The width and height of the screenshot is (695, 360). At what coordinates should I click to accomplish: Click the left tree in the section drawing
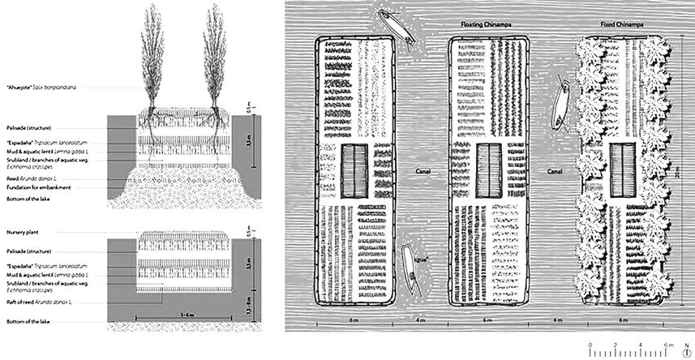(x=153, y=65)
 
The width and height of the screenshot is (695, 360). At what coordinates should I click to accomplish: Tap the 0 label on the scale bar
(x=591, y=345)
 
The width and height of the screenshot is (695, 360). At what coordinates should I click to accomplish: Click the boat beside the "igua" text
(x=410, y=264)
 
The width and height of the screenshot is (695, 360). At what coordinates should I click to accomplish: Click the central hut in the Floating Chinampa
(x=488, y=169)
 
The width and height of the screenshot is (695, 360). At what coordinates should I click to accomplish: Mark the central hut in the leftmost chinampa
(x=354, y=169)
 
